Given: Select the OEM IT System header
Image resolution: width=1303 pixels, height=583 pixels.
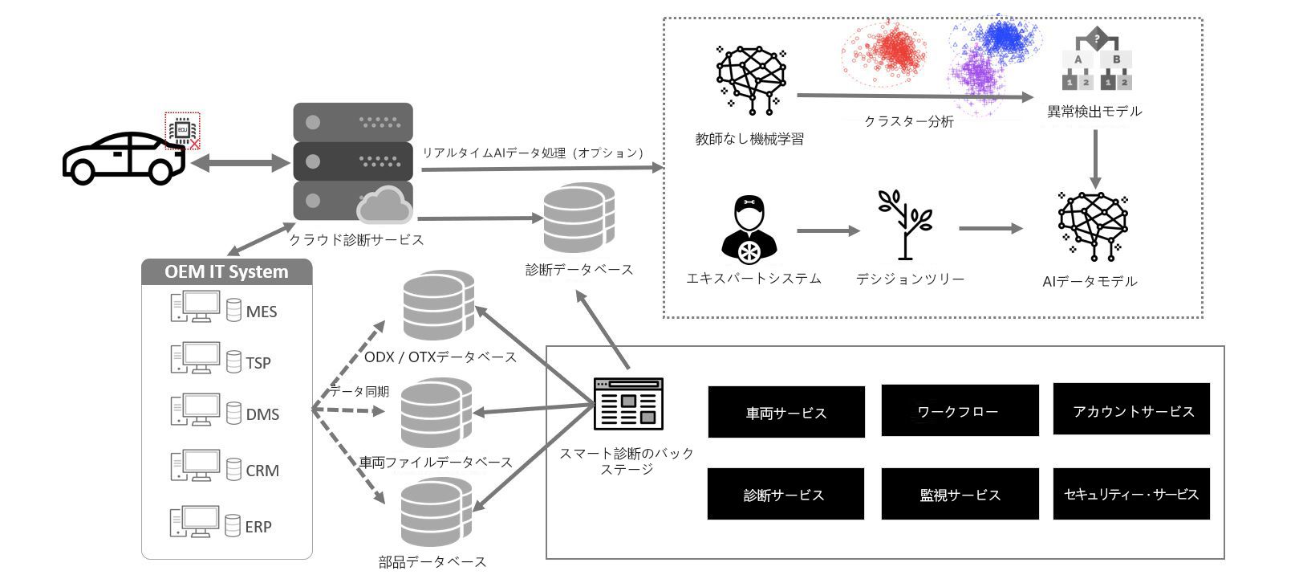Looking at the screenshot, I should pyautogui.click(x=226, y=271).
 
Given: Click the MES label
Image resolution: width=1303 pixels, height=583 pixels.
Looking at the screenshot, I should pyautogui.click(x=262, y=312).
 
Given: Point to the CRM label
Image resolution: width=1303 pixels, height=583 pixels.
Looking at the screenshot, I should pyautogui.click(x=262, y=471).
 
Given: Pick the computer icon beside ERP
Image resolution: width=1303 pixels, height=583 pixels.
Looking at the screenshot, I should pyautogui.click(x=194, y=522).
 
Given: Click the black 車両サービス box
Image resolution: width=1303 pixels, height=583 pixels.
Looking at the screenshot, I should pyautogui.click(x=785, y=413).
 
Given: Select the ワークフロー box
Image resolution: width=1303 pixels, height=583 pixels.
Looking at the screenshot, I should pyautogui.click(x=959, y=411).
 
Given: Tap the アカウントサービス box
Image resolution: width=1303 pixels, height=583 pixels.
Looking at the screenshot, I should pyautogui.click(x=1131, y=410).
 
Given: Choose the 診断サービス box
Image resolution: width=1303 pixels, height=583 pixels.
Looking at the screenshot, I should pyautogui.click(x=785, y=495).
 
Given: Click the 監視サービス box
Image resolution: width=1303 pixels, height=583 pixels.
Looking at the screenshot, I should pyautogui.click(x=960, y=495).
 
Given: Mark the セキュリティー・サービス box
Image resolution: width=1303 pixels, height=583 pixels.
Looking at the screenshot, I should pyautogui.click(x=1130, y=494).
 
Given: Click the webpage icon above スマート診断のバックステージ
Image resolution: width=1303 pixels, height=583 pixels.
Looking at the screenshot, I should pyautogui.click(x=628, y=404).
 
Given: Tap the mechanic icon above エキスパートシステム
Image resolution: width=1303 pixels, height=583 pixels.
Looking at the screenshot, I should pyautogui.click(x=749, y=229).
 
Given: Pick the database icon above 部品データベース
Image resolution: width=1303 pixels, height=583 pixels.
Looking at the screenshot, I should pyautogui.click(x=436, y=512).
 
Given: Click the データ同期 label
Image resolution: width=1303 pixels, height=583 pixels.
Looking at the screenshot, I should pyautogui.click(x=360, y=392).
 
